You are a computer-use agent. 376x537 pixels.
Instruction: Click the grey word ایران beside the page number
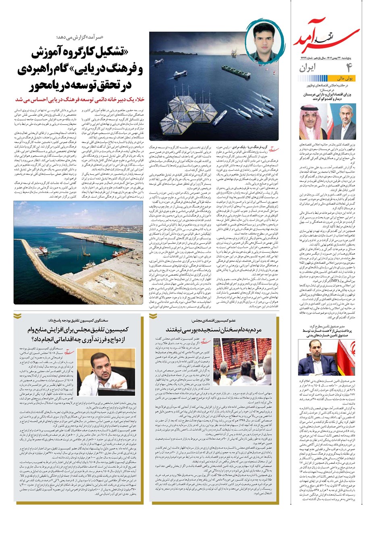pyautogui.click(x=310, y=68)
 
